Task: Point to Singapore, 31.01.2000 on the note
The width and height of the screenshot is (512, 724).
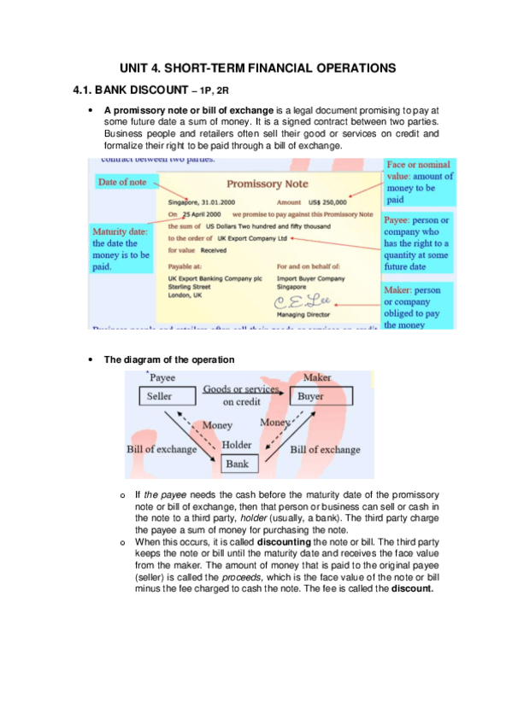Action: (202, 201)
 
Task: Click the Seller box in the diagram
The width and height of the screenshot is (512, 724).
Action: (160, 397)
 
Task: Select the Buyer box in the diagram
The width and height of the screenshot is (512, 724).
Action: (309, 397)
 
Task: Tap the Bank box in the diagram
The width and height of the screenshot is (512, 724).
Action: (237, 464)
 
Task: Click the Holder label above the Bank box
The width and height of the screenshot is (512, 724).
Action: (237, 445)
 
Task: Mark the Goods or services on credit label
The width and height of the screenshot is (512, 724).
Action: (241, 394)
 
